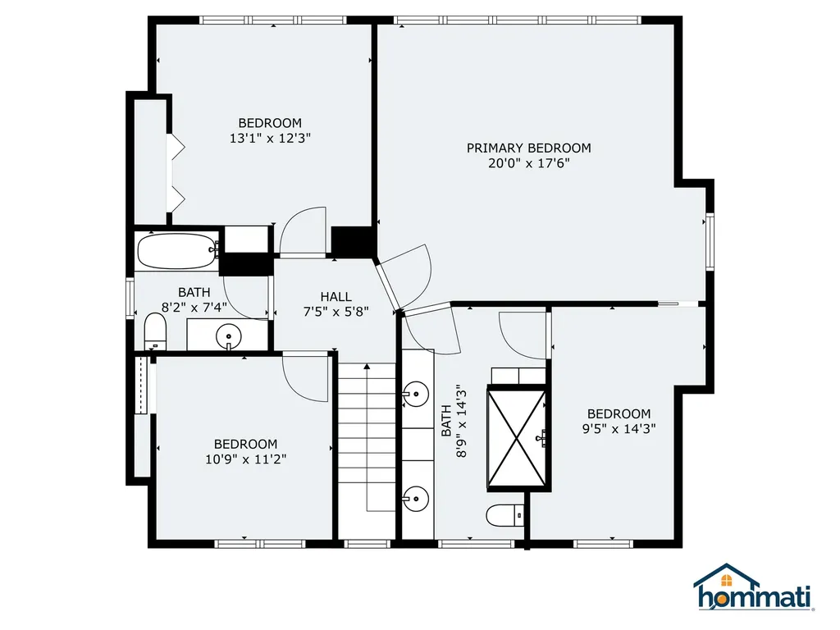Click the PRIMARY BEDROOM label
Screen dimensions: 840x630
click(x=529, y=148)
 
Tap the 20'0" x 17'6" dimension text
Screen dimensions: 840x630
click(x=529, y=163)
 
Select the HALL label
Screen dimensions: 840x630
click(x=336, y=296)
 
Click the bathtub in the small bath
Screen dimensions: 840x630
click(x=178, y=251)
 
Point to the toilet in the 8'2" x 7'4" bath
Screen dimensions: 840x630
click(x=155, y=331)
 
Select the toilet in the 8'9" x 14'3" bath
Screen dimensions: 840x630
click(x=504, y=515)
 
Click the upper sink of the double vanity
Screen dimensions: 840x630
click(x=416, y=395)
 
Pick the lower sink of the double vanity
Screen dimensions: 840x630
click(x=416, y=500)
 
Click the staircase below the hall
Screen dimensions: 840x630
click(x=367, y=450)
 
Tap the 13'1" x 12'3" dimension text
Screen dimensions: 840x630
click(x=271, y=138)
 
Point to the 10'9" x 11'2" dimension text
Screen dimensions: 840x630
click(x=246, y=459)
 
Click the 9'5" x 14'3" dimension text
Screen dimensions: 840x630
click(x=619, y=428)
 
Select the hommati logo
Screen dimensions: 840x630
click(x=755, y=587)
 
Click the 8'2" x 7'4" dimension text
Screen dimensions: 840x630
click(x=194, y=308)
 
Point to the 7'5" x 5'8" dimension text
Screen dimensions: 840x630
click(x=336, y=311)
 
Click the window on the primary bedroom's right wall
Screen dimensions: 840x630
click(x=710, y=241)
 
